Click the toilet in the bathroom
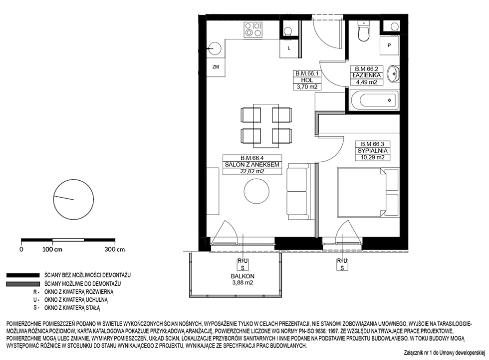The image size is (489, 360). pyautogui.click(x=363, y=30)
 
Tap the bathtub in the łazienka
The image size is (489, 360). pyautogui.click(x=374, y=100)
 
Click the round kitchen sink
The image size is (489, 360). pyautogui.click(x=215, y=48)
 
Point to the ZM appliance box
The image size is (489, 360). pyautogui.click(x=216, y=67)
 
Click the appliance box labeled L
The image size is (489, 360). pyautogui.click(x=289, y=48)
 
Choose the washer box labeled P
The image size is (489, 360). pyautogui.click(x=389, y=45)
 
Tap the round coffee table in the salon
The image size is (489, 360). pyautogui.click(x=256, y=191)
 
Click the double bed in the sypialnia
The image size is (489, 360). pyautogui.click(x=368, y=192)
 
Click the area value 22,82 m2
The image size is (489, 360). pyautogui.click(x=252, y=171)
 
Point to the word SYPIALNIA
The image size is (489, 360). pyautogui.click(x=372, y=151)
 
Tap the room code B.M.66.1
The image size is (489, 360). pyautogui.click(x=307, y=74)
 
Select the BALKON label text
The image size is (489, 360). pyautogui.click(x=243, y=276)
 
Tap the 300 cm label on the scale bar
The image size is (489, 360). pyautogui.click(x=114, y=249)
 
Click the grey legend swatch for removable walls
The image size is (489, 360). pyautogui.click(x=23, y=284)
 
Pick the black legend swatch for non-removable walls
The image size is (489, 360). pyautogui.click(x=23, y=275)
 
